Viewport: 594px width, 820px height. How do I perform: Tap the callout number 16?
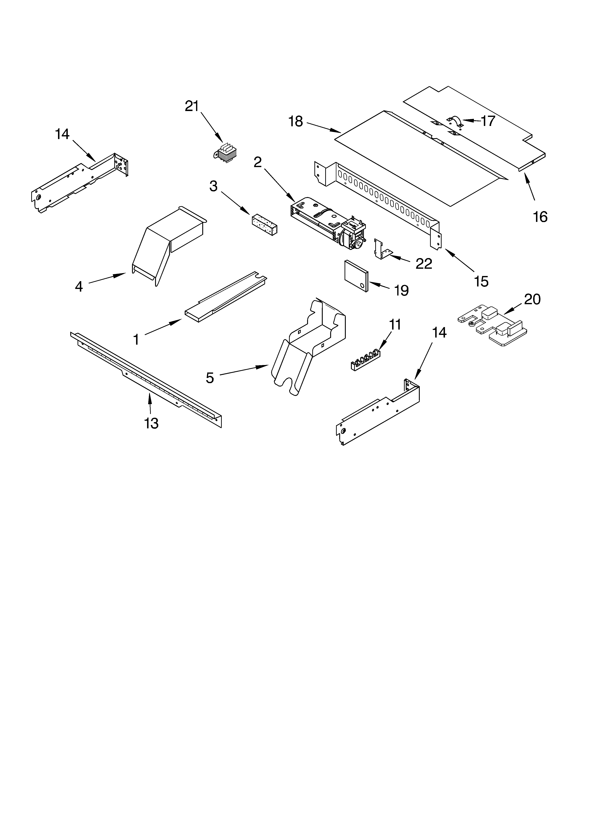coord(540,217)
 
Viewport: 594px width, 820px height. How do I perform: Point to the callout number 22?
coord(424,264)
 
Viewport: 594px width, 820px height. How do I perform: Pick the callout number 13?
coord(151,423)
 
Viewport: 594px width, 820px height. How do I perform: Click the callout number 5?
coord(210,378)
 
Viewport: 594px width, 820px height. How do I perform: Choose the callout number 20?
coord(532,299)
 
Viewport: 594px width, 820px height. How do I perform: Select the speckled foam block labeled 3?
coord(264,225)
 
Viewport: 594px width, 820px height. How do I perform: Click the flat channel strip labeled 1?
coord(224,296)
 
